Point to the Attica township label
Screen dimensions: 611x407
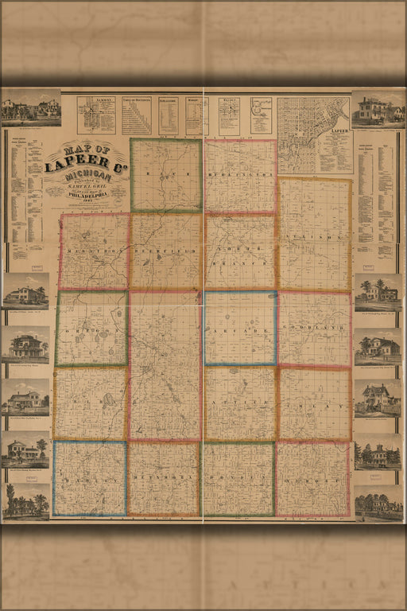240,406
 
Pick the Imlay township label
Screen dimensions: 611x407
314,406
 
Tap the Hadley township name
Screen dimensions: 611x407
90,481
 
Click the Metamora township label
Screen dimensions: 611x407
164,481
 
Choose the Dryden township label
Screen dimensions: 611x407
238,481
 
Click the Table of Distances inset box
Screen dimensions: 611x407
137,115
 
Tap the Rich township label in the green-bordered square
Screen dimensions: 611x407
166,173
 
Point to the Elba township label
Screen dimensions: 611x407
90,406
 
